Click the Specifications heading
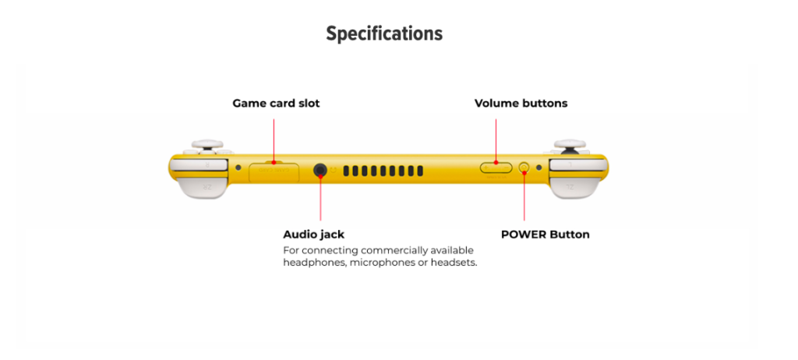pos(384,34)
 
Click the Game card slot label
pos(276,103)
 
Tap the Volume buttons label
pos(521,103)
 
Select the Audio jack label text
pos(313,234)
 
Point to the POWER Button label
pos(545,234)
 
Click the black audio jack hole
pos(320,170)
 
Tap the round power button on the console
pos(524,167)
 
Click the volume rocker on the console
pos(496,167)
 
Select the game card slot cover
pos(274,171)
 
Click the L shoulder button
pos(199,164)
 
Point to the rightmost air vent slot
pos(420,171)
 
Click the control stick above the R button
pos(570,145)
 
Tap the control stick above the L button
pos(207,145)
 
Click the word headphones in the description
pos(312,263)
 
